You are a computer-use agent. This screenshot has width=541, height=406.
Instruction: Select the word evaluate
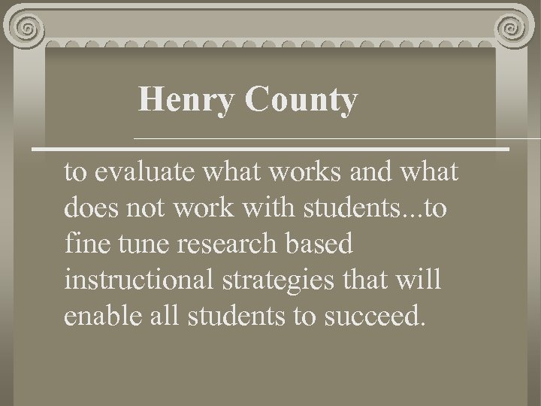[x=141, y=173]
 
